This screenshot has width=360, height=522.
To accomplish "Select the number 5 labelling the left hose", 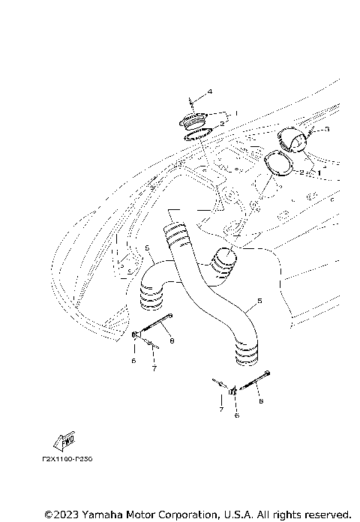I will [x=148, y=247].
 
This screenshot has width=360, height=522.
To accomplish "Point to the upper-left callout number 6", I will [x=133, y=361].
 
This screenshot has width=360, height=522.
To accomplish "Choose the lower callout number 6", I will [x=236, y=415].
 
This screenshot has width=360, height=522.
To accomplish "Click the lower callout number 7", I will [x=221, y=411].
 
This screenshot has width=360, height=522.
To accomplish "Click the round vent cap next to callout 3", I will [x=289, y=139].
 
